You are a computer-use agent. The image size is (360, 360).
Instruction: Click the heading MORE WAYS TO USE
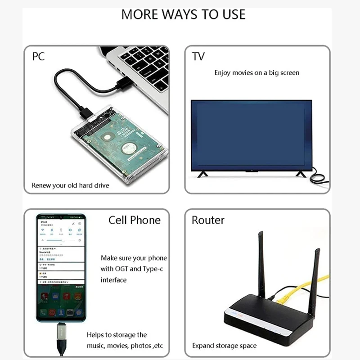click(183, 14)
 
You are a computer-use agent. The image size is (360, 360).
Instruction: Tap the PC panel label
click(38, 57)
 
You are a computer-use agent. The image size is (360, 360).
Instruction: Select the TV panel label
click(198, 57)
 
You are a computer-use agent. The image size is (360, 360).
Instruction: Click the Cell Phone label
click(134, 220)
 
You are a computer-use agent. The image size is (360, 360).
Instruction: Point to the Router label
click(208, 220)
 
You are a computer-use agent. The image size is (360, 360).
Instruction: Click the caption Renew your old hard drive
click(70, 185)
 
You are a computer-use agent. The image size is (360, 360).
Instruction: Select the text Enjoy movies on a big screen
click(256, 72)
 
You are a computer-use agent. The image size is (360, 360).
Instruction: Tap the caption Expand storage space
click(224, 346)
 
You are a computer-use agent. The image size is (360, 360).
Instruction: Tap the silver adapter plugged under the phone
click(60, 333)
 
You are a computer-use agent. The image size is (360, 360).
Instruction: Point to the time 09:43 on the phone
click(44, 222)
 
